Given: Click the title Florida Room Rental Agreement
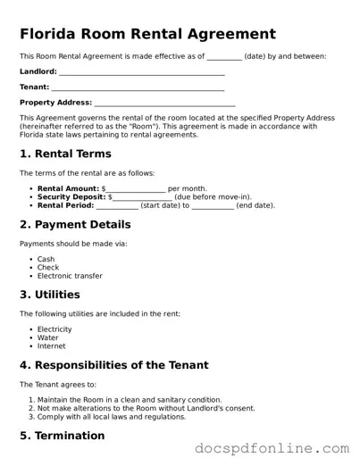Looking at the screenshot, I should (147, 34).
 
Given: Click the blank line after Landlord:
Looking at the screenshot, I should (141, 72).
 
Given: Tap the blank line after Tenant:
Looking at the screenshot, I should (138, 87).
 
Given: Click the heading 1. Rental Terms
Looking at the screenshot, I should (65, 154).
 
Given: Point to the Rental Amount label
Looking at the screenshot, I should (69, 188).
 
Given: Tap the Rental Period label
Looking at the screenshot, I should (66, 204).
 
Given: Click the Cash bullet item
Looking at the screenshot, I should (46, 260).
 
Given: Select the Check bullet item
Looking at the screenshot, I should (48, 268).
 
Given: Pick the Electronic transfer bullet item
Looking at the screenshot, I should (70, 276).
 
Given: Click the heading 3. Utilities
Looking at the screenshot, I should (50, 295).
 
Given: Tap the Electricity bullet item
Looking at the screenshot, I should (54, 329).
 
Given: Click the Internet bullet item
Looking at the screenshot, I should (51, 345).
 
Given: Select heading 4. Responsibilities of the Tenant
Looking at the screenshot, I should (114, 365).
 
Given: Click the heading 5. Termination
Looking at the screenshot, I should (63, 436).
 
